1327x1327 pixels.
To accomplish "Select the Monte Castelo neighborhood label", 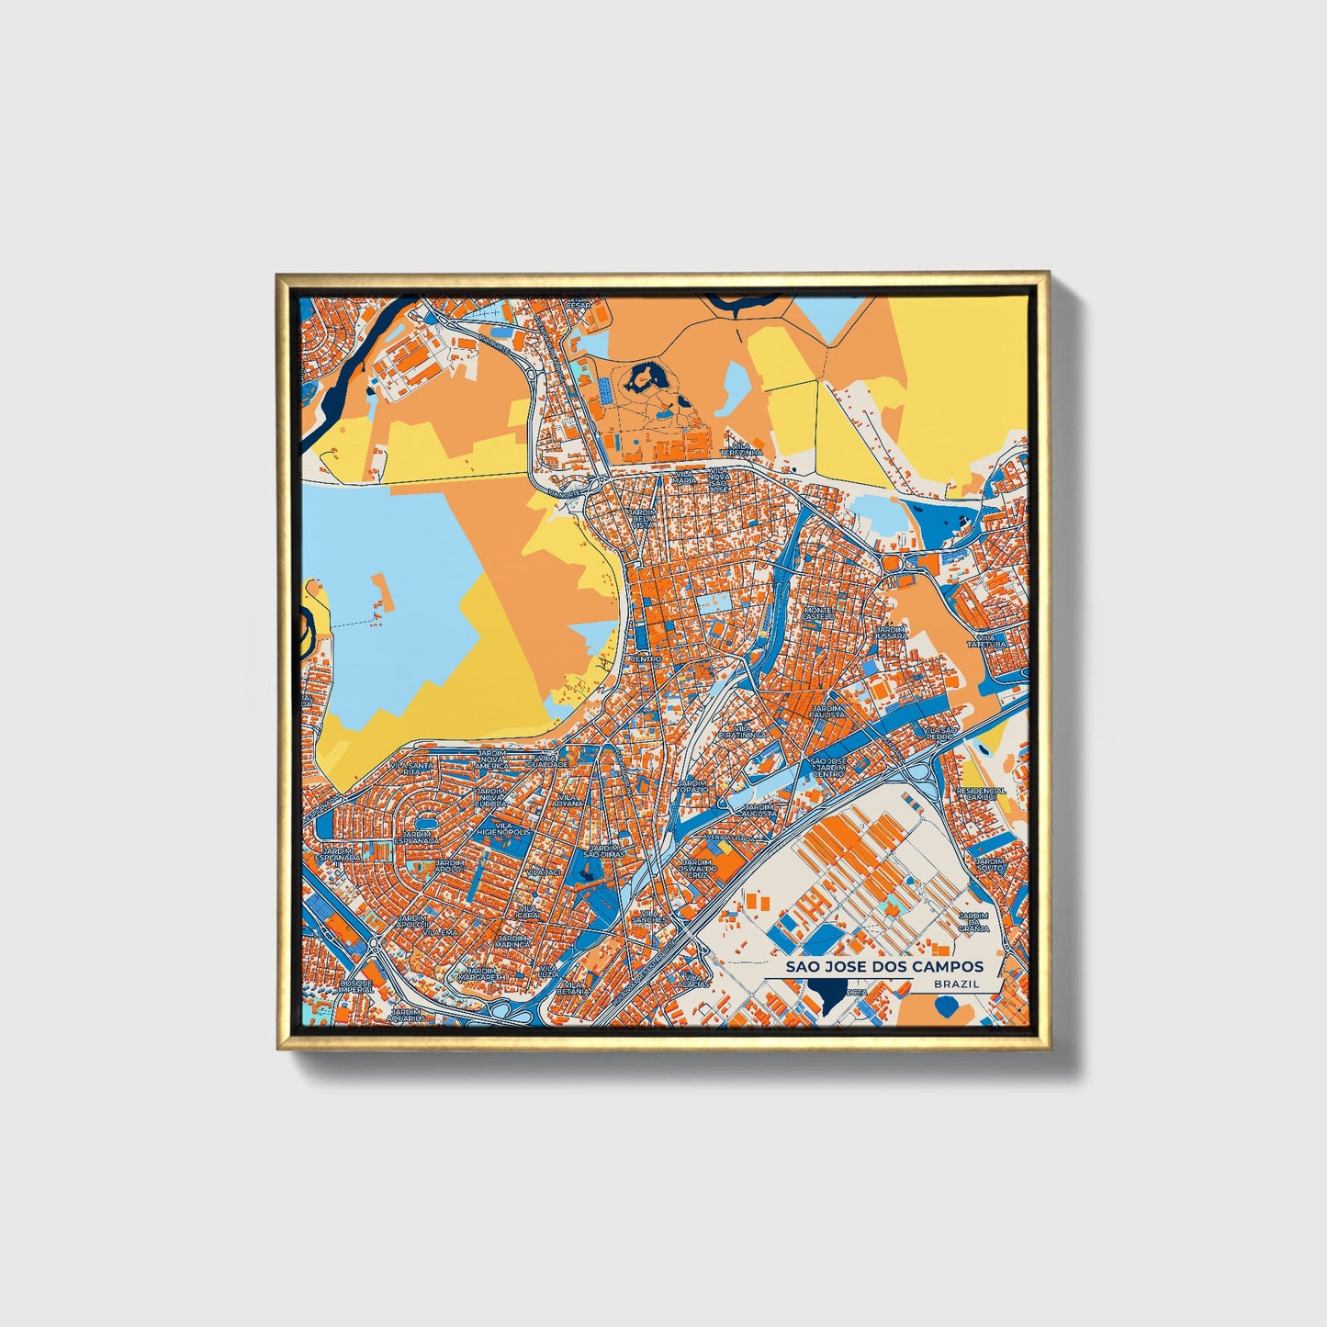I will tap(817, 613).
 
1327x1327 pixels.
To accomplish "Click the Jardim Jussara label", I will tap(890, 632).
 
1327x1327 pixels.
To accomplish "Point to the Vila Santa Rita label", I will tap(411, 768).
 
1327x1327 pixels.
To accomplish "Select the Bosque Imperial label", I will tap(355, 985).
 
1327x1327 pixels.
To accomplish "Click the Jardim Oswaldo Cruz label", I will tap(696, 868).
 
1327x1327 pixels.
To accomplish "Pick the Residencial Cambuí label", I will tap(981, 793).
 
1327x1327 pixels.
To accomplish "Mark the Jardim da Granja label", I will tap(973, 922).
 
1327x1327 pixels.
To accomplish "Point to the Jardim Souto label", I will tap(990, 864).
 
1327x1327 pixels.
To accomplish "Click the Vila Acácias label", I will tap(696, 981).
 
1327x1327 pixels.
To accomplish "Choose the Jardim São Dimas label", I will tap(606, 850).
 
